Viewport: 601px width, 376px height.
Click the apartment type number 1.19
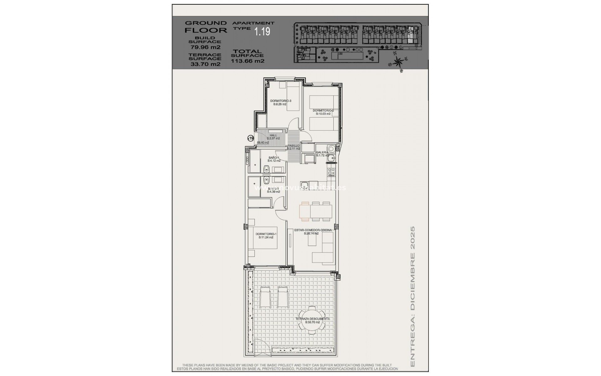262,31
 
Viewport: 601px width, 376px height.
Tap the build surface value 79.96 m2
206,47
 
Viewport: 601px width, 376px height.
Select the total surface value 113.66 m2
248,61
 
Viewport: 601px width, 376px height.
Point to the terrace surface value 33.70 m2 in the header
206,64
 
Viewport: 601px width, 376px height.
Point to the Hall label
273,135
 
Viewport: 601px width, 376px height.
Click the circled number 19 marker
250,138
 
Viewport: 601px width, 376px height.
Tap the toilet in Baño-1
267,170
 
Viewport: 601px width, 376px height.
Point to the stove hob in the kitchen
331,172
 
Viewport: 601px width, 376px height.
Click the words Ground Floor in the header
206,27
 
